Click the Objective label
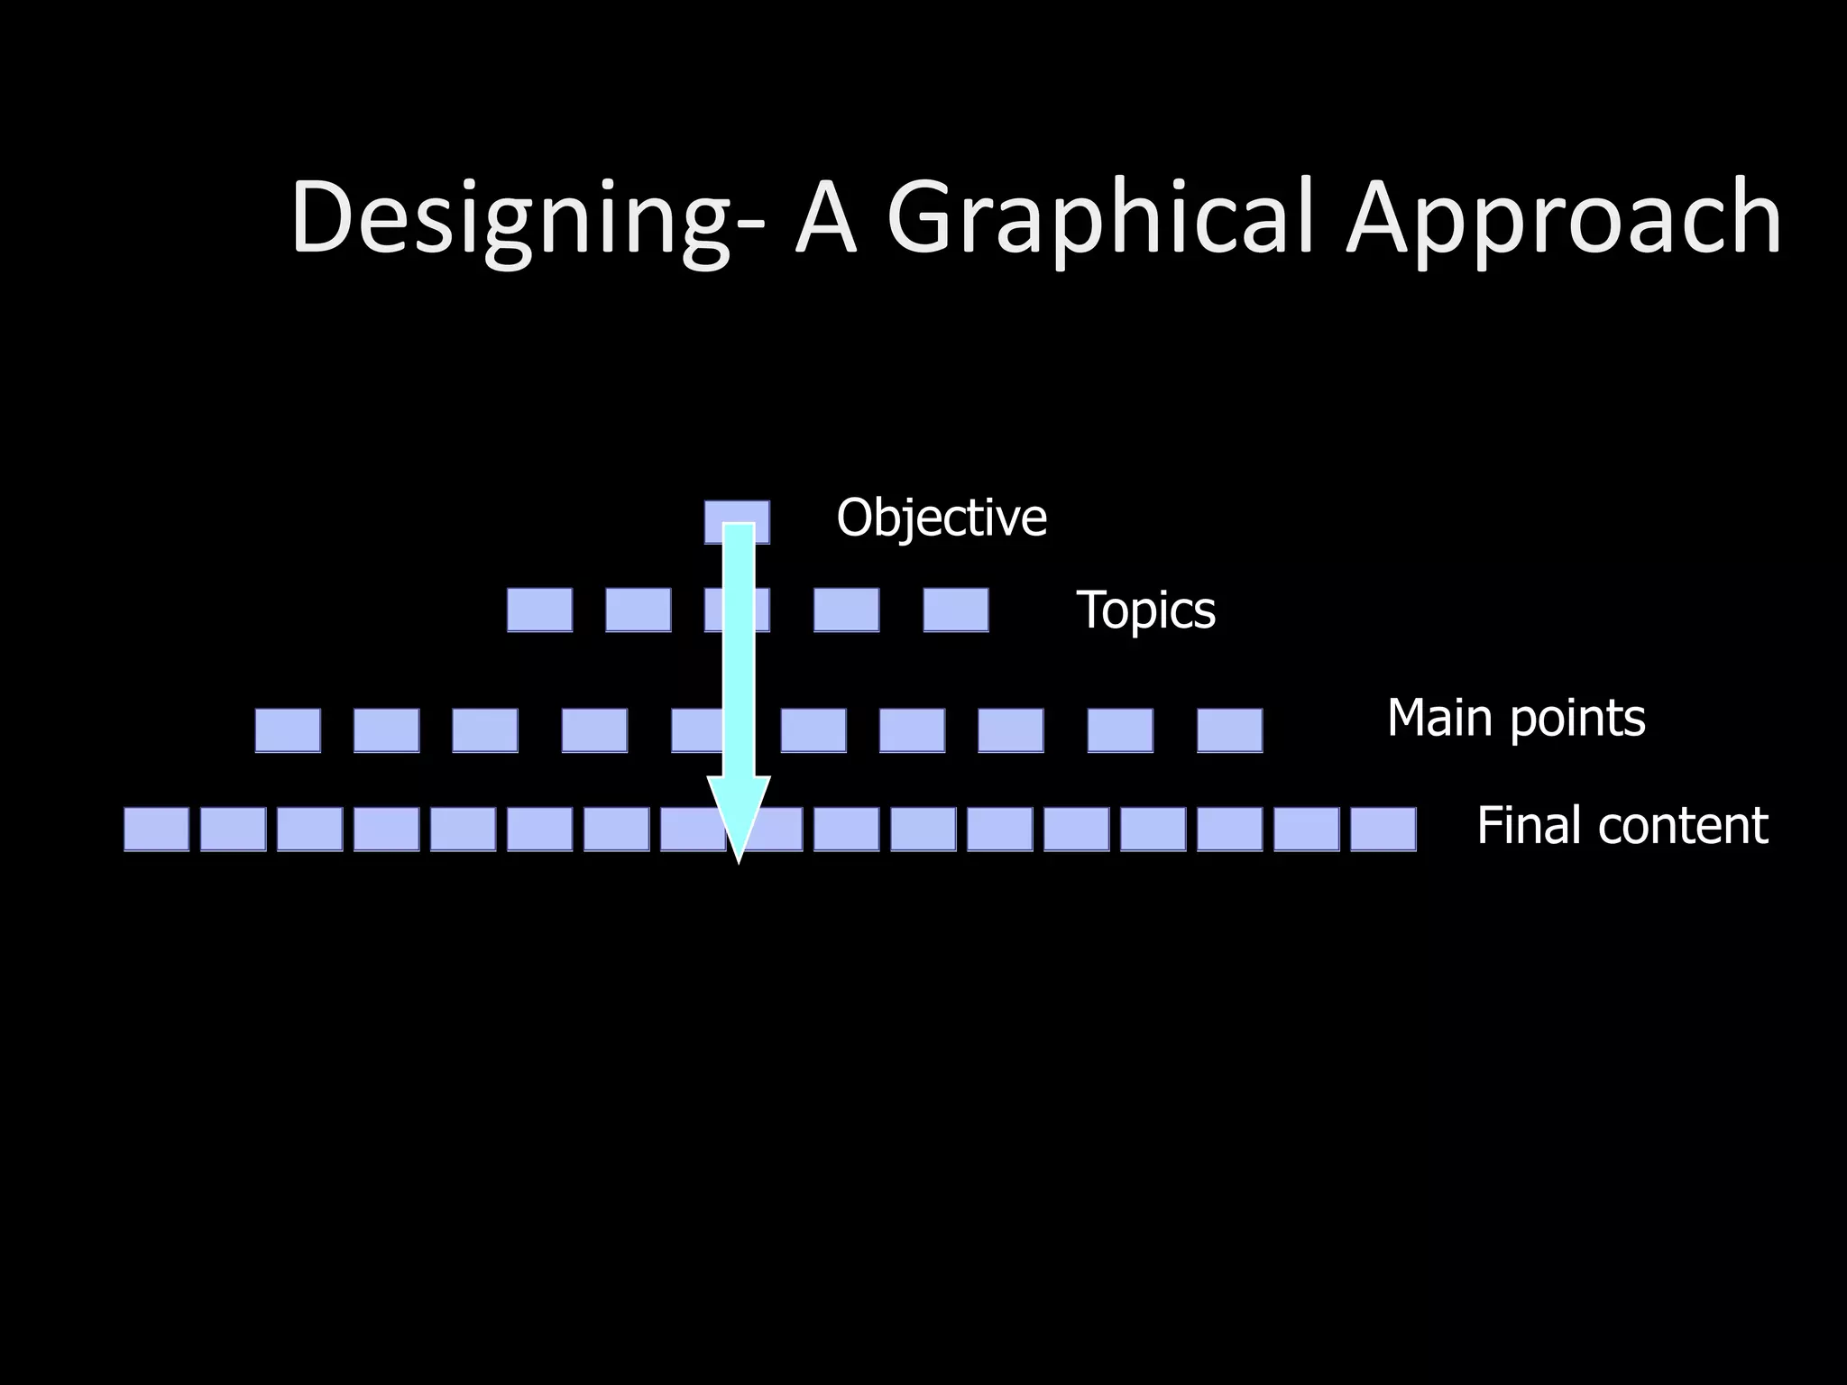click(x=942, y=518)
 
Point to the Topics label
click(x=1145, y=610)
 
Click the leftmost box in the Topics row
click(x=539, y=610)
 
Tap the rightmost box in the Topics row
click(x=956, y=610)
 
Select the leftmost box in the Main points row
click(x=288, y=730)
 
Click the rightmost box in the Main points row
click(x=1229, y=730)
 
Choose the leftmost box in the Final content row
click(x=156, y=829)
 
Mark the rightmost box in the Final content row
click(x=1383, y=829)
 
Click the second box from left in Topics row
click(x=638, y=610)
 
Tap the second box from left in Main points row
click(x=386, y=730)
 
